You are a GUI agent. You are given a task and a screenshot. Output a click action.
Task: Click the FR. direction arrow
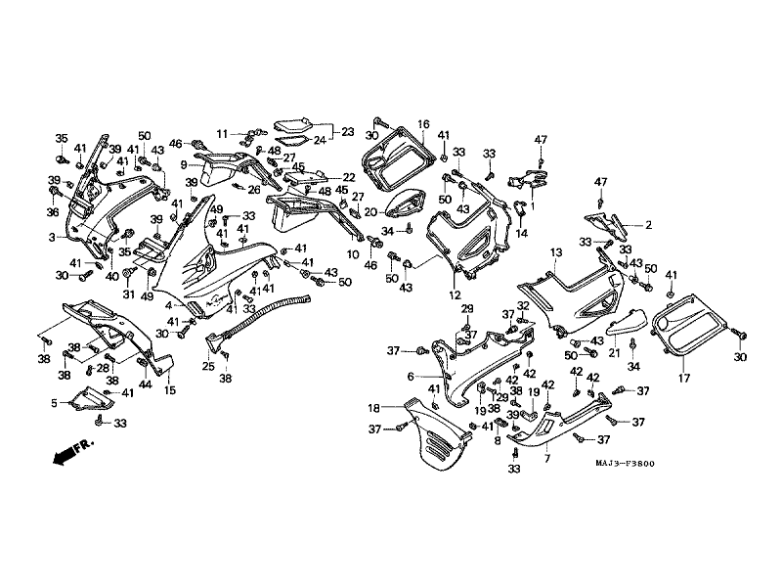[x=71, y=452]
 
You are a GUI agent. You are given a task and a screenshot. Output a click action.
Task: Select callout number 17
[x=682, y=374]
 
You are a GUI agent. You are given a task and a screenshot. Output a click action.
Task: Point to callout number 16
[x=424, y=124]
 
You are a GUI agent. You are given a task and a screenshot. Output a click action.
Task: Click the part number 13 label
[x=555, y=252]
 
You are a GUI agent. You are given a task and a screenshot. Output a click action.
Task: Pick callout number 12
[x=455, y=294]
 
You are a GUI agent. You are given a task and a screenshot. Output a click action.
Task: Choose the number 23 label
[x=347, y=130]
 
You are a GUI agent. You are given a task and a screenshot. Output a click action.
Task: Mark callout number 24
[x=320, y=141]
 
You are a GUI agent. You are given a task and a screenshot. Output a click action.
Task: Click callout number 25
[x=208, y=366]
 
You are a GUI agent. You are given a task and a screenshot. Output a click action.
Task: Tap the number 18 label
[x=374, y=407]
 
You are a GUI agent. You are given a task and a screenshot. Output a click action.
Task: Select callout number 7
[x=546, y=459]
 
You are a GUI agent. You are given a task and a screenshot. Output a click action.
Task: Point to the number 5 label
[x=54, y=402]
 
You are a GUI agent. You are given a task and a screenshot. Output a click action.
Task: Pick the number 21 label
[x=615, y=353]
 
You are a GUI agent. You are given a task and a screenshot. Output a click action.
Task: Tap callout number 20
[x=370, y=211]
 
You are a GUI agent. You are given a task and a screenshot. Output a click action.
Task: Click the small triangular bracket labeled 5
[x=88, y=398]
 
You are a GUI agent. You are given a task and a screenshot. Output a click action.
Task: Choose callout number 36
[x=53, y=211]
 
